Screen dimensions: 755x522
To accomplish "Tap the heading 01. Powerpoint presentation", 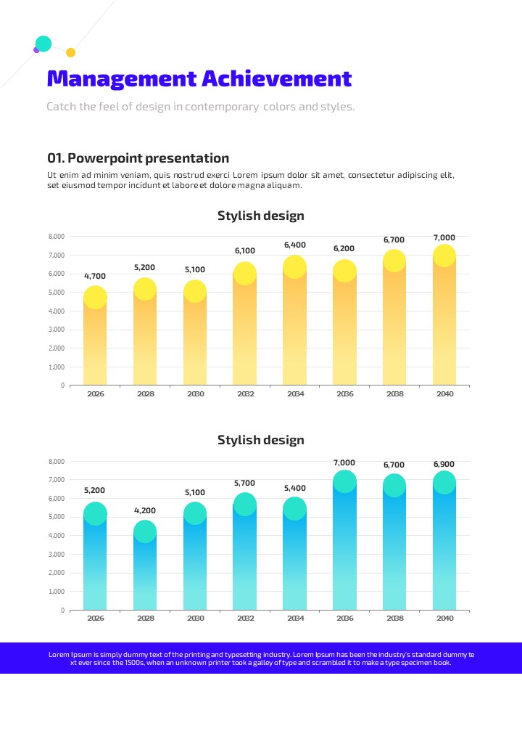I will (x=138, y=158).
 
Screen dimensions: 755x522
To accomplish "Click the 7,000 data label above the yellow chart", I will (x=444, y=237).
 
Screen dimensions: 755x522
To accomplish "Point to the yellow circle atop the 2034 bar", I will (x=294, y=267).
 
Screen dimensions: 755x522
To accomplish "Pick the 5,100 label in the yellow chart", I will (x=195, y=269).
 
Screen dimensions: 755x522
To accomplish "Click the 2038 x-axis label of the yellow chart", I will (x=395, y=393).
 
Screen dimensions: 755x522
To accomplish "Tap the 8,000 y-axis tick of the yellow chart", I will (x=57, y=237).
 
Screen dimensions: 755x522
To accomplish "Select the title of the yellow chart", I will (x=261, y=216).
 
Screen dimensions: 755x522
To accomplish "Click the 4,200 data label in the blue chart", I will (x=145, y=510).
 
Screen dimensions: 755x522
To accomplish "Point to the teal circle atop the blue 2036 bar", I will (x=344, y=481).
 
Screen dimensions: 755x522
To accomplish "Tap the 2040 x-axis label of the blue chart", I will (x=444, y=619).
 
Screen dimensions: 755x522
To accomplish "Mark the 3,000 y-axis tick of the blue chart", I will (x=57, y=554).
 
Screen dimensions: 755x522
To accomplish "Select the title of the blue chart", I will (x=261, y=440).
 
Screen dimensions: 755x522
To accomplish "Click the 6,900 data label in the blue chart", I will (x=444, y=464).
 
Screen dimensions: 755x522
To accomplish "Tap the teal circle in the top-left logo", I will (x=43, y=44).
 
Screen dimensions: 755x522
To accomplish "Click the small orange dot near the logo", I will (x=70, y=52).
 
